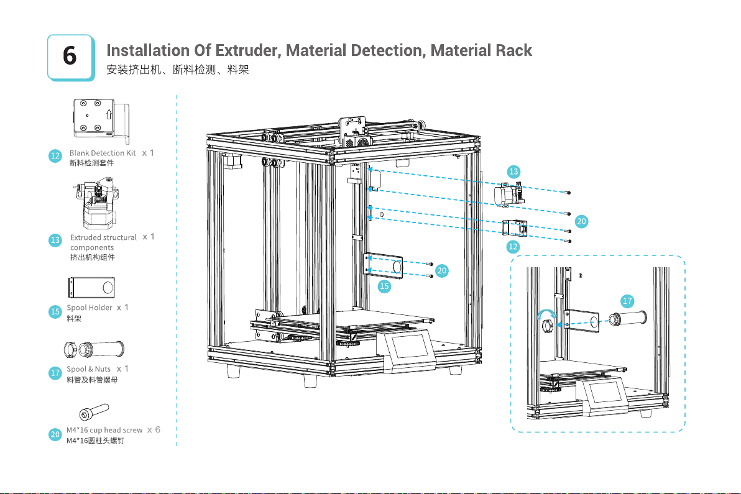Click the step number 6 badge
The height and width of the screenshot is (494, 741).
[x=70, y=57]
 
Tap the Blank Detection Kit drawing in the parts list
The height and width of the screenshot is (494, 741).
[x=101, y=118]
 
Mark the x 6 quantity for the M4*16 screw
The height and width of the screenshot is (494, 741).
[x=154, y=429]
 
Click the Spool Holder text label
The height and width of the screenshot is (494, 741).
[x=90, y=308]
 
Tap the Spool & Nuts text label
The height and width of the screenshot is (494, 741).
[x=88, y=369]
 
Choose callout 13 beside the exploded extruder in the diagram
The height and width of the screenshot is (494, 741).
[x=513, y=171]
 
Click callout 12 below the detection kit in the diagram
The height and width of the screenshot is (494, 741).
[x=513, y=247]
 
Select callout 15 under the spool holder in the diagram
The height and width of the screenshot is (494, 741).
[x=385, y=286]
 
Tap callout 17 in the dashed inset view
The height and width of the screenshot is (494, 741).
[x=628, y=301]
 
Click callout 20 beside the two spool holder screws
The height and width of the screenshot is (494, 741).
[x=442, y=270]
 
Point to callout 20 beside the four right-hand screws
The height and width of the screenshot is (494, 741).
[x=581, y=221]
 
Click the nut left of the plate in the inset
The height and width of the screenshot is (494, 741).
[x=548, y=325]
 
